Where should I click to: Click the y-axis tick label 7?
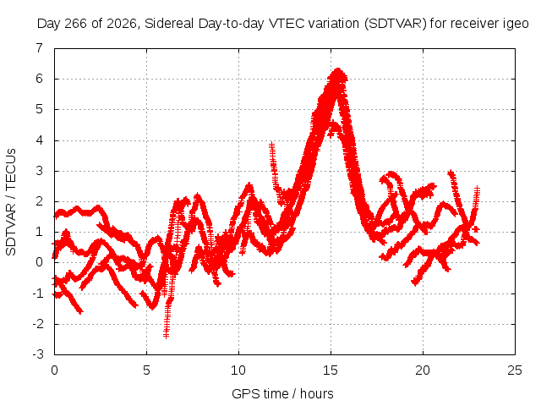pos(40,48)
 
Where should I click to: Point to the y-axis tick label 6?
pos(40,79)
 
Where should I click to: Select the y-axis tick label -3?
pos(37,354)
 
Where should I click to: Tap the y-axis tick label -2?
pos(37,324)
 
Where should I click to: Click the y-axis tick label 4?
pos(40,140)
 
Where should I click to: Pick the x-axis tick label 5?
pos(146,370)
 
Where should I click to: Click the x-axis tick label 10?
pos(238,370)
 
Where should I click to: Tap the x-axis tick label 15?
pos(331,370)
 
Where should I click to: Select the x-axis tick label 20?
pos(423,370)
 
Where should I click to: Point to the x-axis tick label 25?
pos(515,370)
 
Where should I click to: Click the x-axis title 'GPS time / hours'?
pos(282,393)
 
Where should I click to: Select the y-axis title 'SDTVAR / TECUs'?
pos(11,202)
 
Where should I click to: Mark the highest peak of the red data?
pos(338,70)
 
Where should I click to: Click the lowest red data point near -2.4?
pos(167,336)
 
